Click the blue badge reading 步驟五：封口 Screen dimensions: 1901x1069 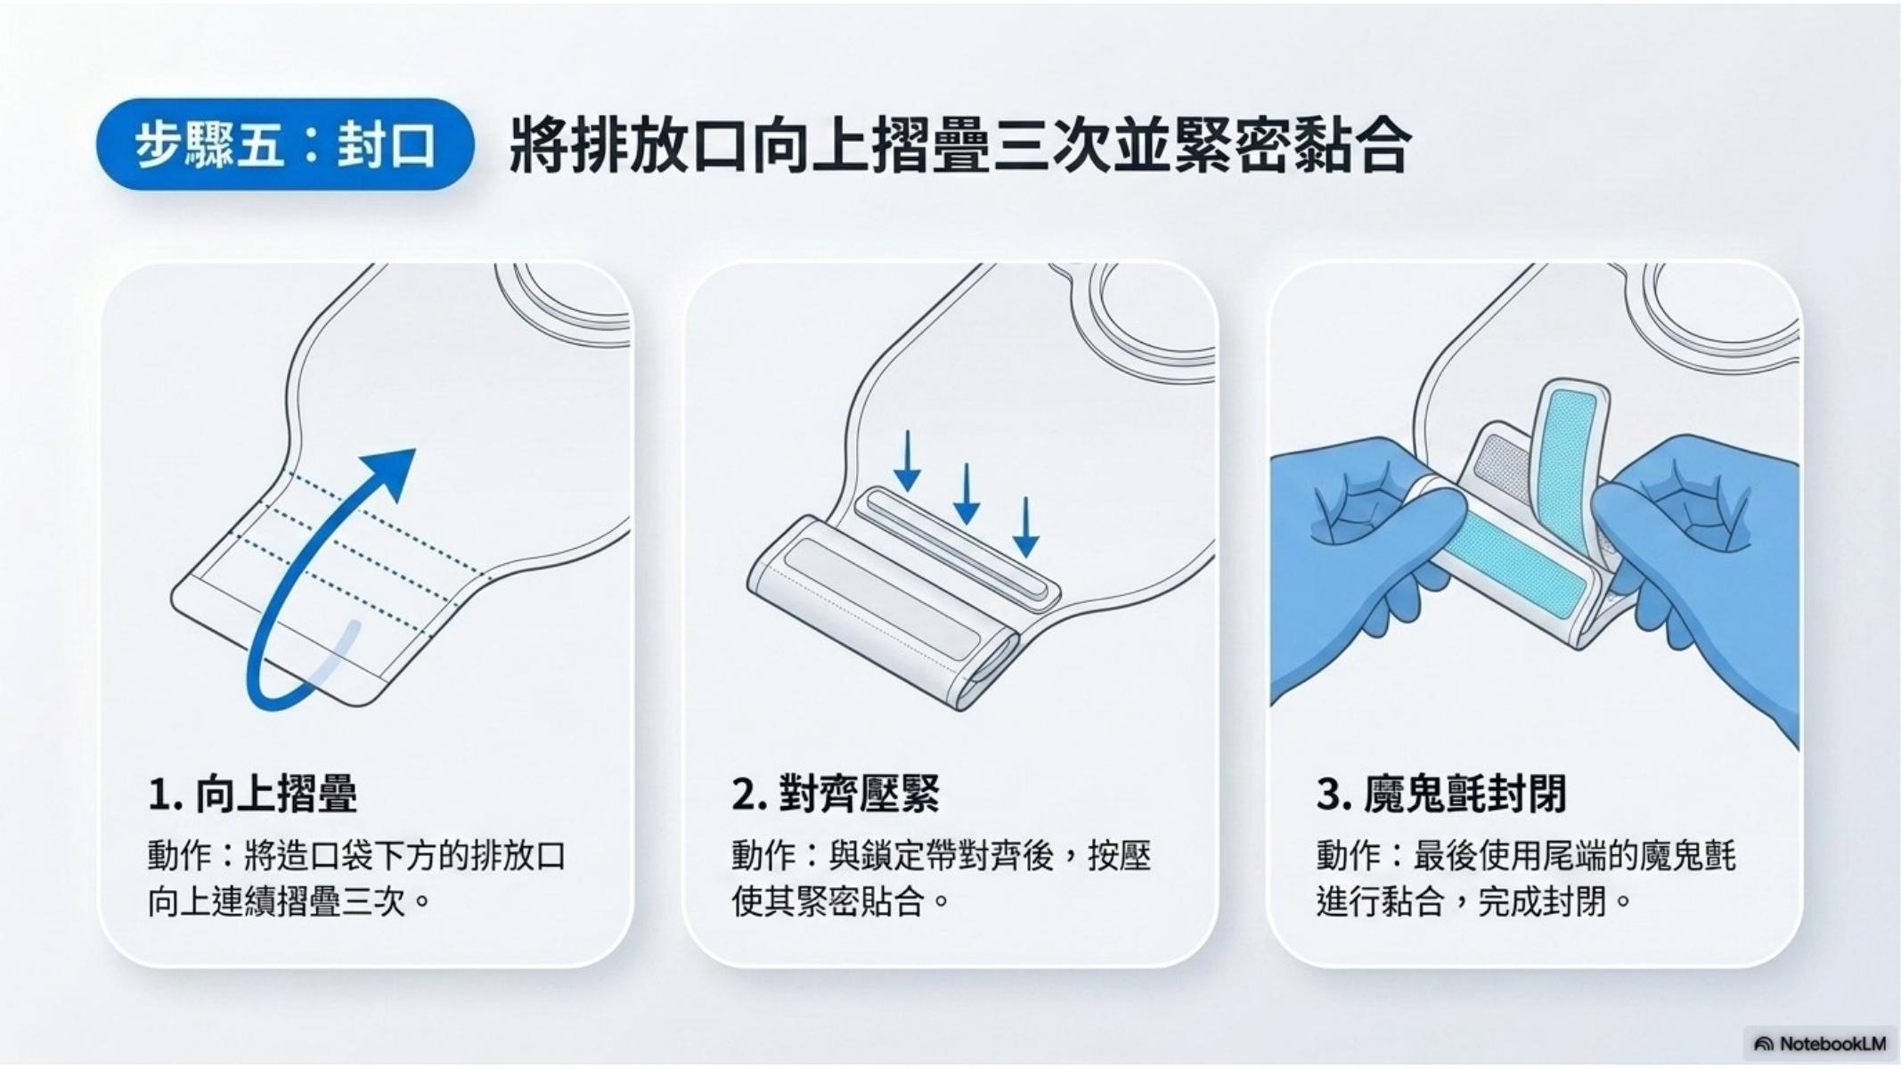[285, 144]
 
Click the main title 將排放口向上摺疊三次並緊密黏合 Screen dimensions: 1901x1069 [959, 144]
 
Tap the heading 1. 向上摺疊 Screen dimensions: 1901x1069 [253, 794]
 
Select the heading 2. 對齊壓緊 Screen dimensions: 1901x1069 [836, 794]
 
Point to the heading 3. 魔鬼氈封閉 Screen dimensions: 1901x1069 [1440, 794]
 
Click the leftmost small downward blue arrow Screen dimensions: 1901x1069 [907, 461]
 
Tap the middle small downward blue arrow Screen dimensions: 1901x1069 [967, 494]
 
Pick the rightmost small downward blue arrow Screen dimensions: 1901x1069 [1026, 526]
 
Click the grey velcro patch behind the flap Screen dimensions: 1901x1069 [1504, 463]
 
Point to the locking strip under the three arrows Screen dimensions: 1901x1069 [958, 549]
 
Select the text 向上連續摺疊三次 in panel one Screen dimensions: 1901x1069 [280, 902]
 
